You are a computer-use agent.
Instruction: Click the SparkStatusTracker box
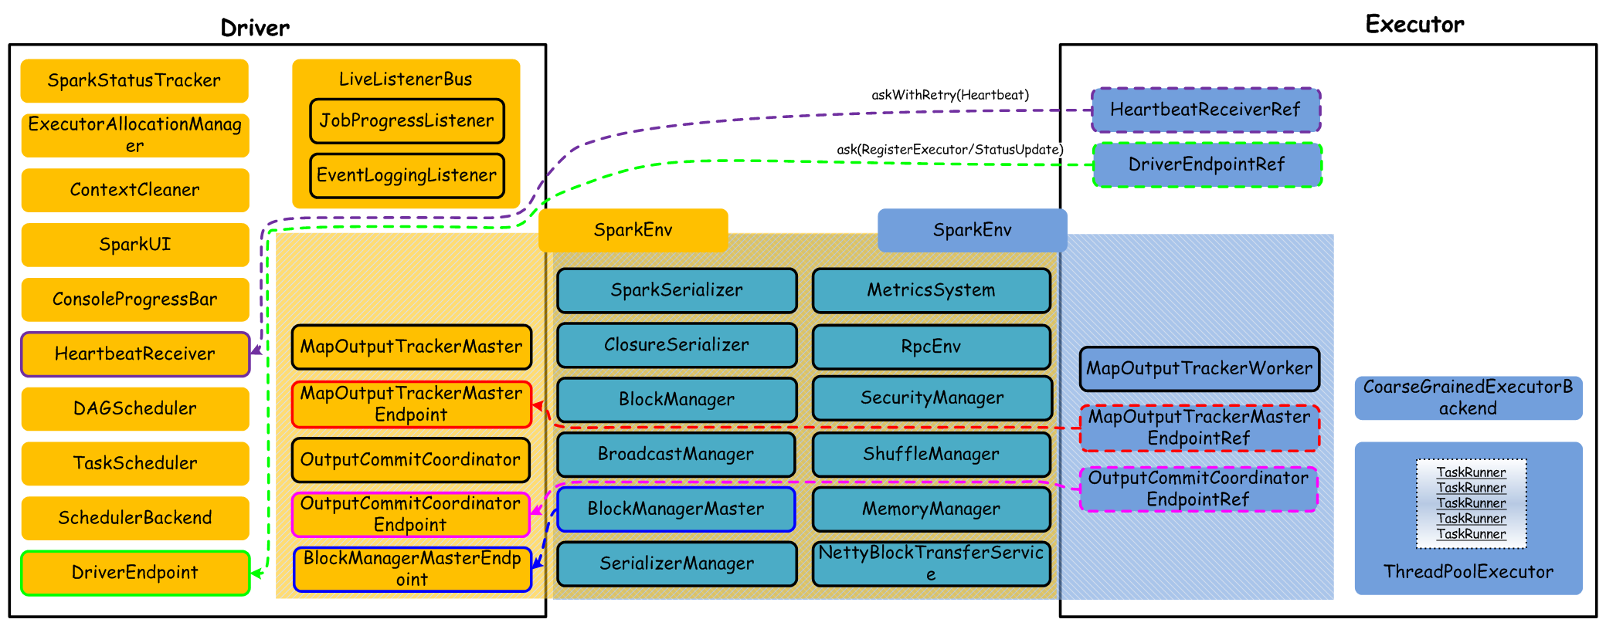point(134,80)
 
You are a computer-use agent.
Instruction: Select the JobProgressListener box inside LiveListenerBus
point(407,120)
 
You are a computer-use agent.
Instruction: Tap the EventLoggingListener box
point(407,175)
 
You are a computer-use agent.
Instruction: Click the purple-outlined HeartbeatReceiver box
point(135,354)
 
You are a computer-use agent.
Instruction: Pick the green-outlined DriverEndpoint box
point(135,573)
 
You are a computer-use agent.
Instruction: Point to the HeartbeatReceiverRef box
point(1205,110)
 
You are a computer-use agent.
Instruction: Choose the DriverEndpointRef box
point(1207,164)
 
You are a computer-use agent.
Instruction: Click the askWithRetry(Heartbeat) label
point(950,95)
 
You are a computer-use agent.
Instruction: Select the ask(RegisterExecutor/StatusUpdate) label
point(950,149)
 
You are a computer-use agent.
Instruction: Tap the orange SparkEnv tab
point(633,230)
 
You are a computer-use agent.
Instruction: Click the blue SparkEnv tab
point(972,230)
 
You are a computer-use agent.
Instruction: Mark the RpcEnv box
point(931,347)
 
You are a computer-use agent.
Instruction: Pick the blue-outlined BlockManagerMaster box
point(676,509)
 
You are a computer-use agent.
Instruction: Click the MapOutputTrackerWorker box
point(1199,369)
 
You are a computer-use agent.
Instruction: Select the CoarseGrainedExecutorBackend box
point(1468,398)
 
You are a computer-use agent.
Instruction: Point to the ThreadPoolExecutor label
point(1468,572)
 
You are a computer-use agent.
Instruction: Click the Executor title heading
point(1414,25)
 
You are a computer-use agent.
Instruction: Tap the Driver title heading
point(255,29)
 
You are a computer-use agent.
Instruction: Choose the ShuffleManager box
point(931,454)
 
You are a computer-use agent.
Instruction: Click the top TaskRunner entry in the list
point(1471,472)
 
